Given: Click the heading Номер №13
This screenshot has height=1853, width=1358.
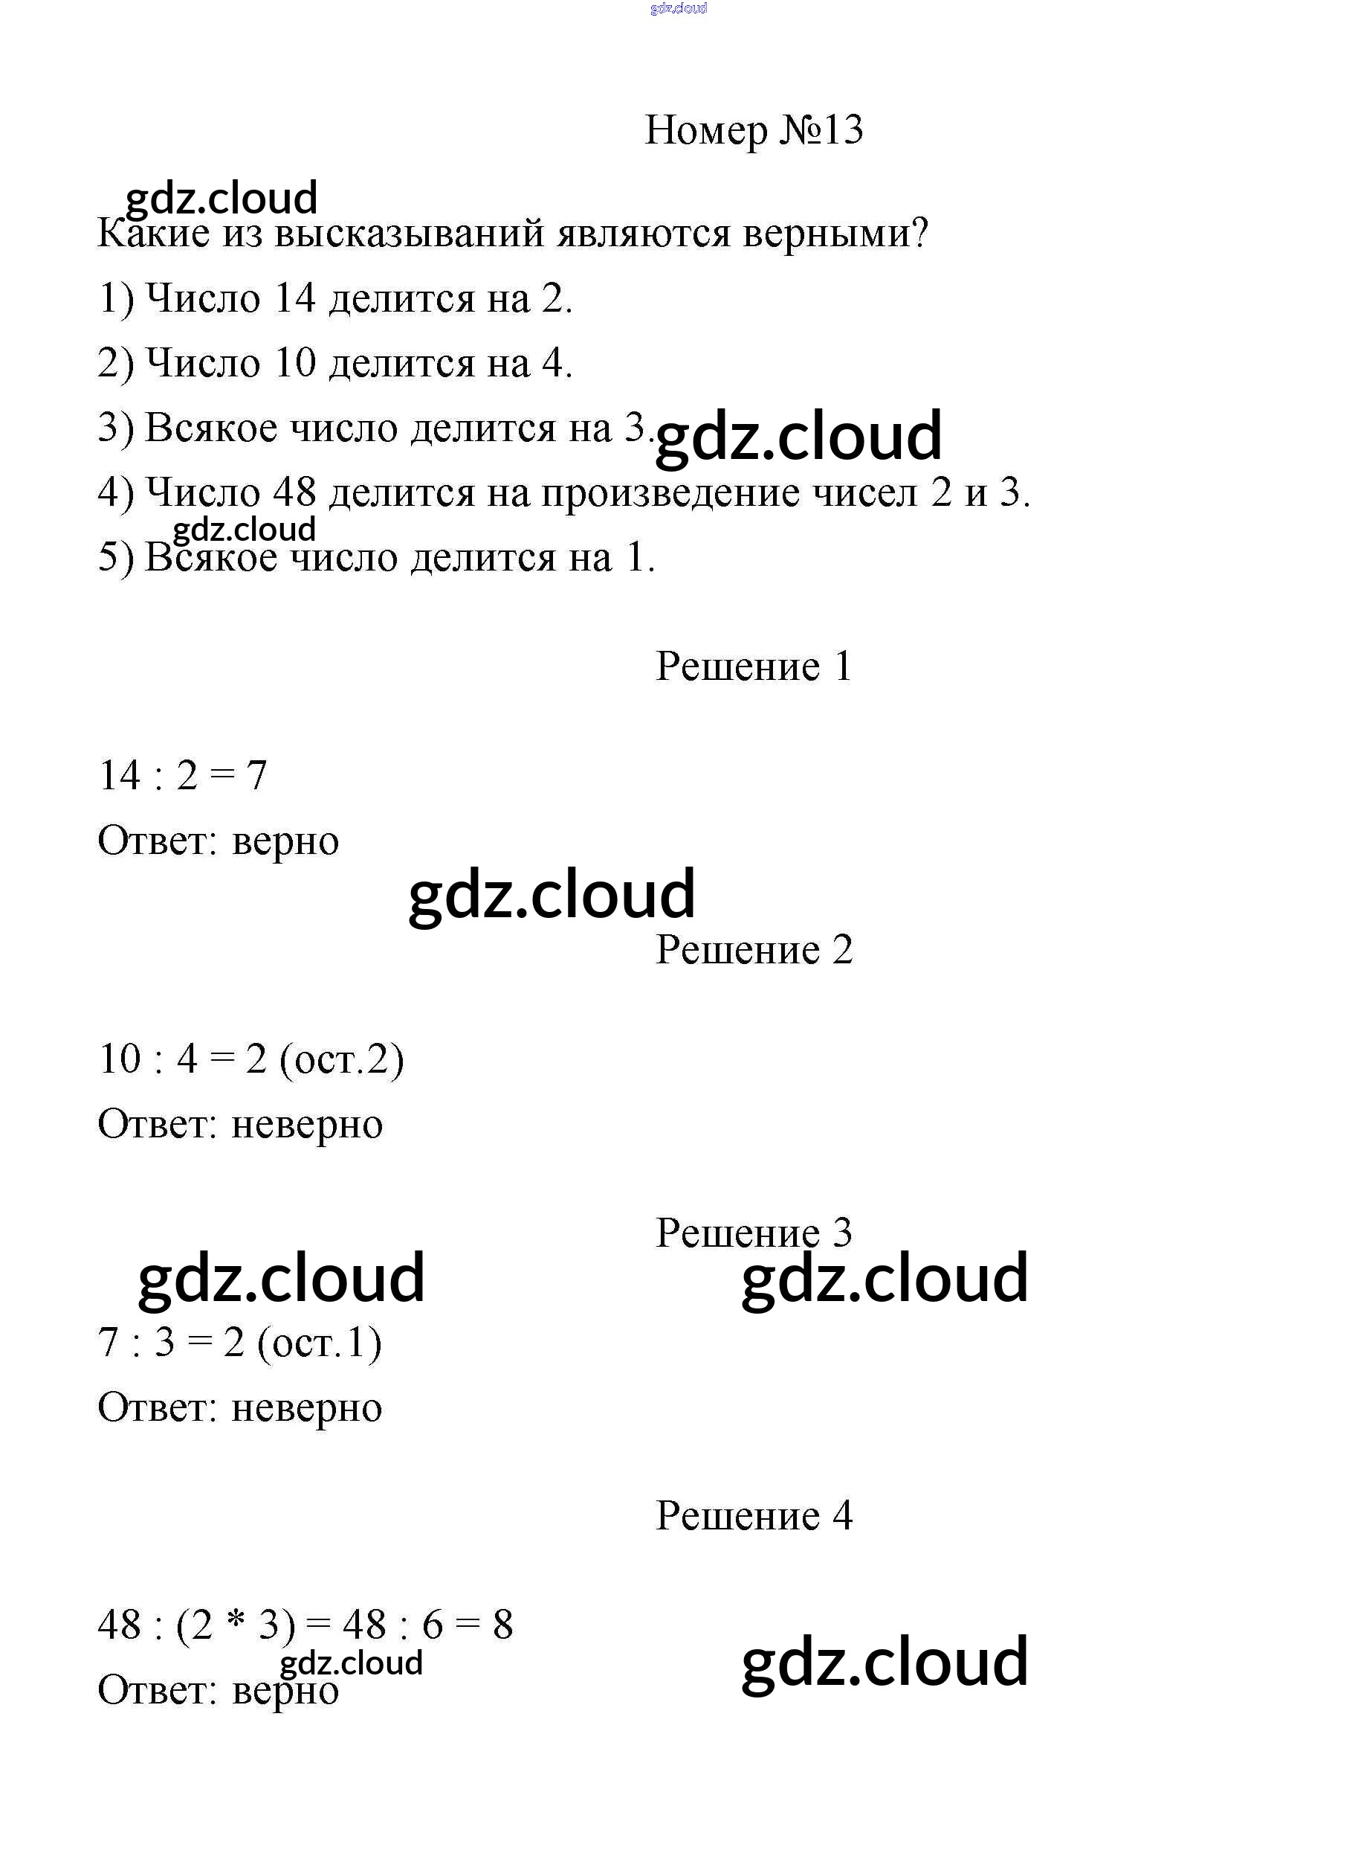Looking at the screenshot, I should click(x=753, y=130).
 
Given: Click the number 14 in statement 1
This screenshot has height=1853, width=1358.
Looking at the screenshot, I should click(x=294, y=298).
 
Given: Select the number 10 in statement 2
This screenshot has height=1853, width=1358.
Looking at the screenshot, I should click(x=294, y=363).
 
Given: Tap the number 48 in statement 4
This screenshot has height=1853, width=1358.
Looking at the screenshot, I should click(x=294, y=492).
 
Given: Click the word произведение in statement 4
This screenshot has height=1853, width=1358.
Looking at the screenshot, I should click(x=669, y=494).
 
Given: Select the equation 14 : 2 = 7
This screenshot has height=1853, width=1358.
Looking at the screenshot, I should click(x=183, y=775).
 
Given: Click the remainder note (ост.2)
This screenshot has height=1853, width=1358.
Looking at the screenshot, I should click(x=341, y=1059).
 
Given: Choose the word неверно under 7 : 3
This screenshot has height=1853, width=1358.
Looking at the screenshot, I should click(x=307, y=1407).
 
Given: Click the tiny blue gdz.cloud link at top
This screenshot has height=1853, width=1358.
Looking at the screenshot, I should click(x=678, y=8).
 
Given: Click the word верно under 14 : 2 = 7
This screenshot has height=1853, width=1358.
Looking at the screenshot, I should click(x=285, y=841).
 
